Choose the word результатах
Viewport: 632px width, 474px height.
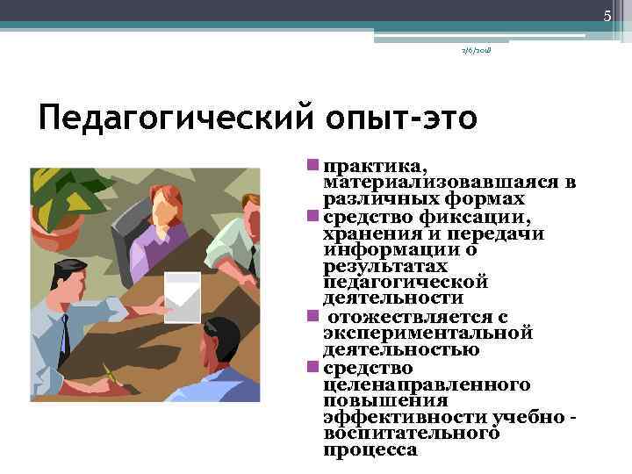pos(385,265)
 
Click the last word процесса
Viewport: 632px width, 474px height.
pos(370,449)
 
